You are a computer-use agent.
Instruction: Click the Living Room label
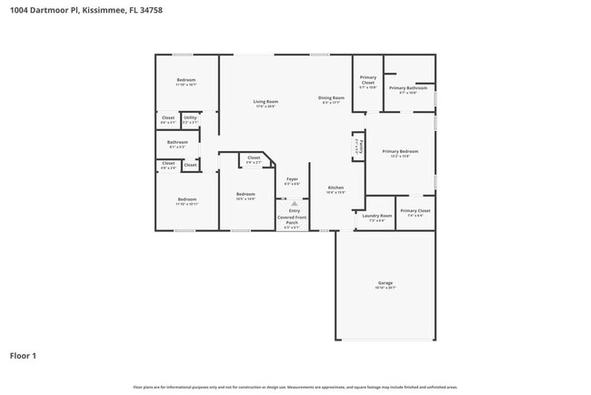coord(265,101)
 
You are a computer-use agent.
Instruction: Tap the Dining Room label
coord(331,97)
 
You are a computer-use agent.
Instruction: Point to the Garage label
coord(386,283)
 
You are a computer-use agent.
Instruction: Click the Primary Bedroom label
coord(400,151)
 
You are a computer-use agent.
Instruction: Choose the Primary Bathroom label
coord(403,87)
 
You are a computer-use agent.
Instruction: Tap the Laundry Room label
coord(376,216)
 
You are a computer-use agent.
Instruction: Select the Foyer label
coord(292,179)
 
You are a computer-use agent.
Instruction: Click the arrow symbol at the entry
coord(293,203)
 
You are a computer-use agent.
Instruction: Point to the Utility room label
coord(190,117)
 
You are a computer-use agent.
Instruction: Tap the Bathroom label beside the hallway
coord(177,142)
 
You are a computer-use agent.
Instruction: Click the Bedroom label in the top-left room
coord(186,80)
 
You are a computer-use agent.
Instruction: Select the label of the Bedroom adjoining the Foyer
coord(245,194)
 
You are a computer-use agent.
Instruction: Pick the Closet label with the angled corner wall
coord(254,158)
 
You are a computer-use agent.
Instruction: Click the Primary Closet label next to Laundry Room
coord(416,210)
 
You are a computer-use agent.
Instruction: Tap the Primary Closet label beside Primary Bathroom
coord(368,80)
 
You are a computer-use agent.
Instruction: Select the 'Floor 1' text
coord(23,356)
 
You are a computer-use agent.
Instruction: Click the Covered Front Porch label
coord(292,218)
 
